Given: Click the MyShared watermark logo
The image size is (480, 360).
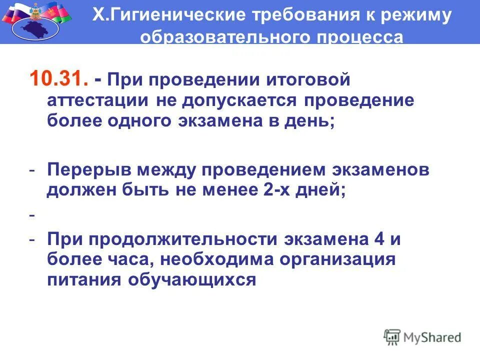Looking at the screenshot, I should pyautogui.click(x=422, y=336).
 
